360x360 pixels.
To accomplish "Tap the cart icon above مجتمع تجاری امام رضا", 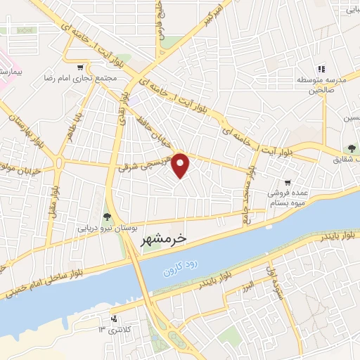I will point(81,67).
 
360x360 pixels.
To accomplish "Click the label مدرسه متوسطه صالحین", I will point(321,84).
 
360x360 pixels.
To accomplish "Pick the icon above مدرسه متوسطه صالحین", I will point(321,69).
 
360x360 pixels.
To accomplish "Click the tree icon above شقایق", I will point(349,148).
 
